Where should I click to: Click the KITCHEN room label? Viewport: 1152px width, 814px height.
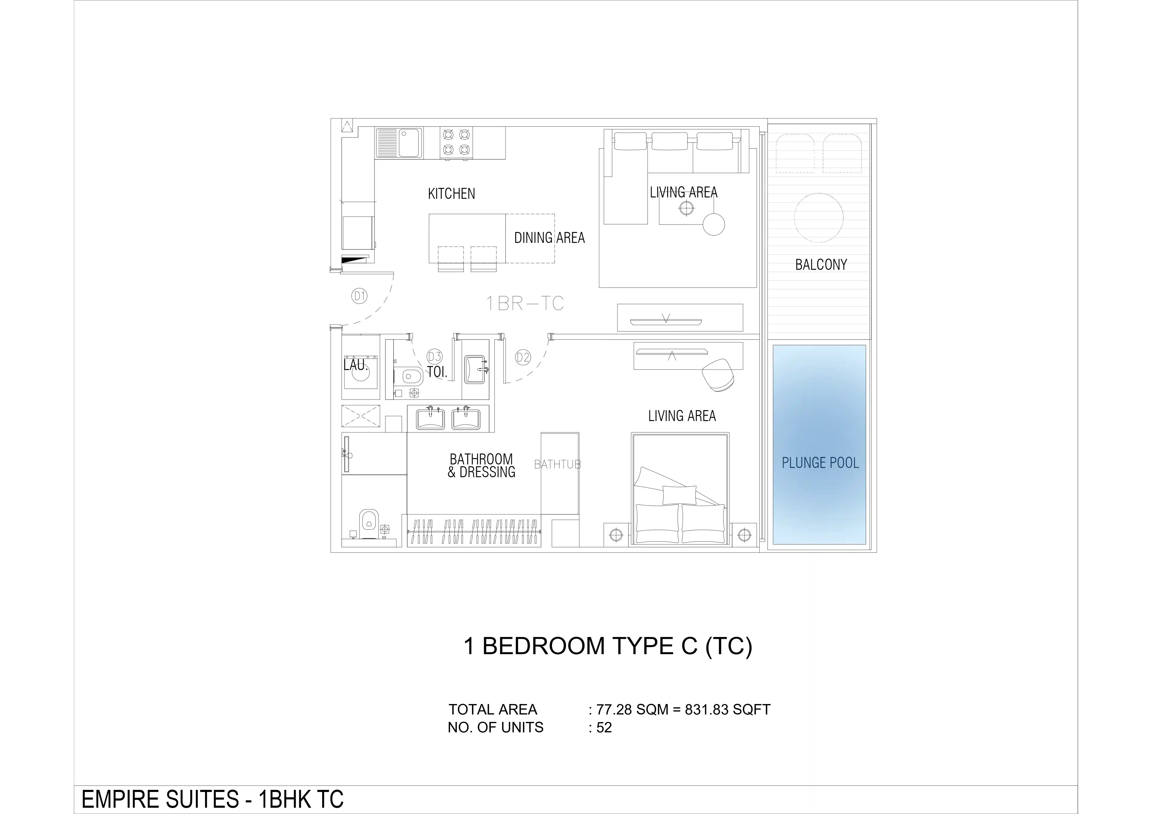pyautogui.click(x=451, y=194)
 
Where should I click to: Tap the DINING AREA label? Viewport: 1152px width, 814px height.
pyautogui.click(x=549, y=238)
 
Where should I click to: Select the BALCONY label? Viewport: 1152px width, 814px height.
pyautogui.click(x=821, y=264)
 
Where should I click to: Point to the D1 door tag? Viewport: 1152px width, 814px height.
pyautogui.click(x=359, y=296)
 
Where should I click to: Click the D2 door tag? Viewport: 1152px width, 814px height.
pyautogui.click(x=523, y=357)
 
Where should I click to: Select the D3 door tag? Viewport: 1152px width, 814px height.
pyautogui.click(x=434, y=356)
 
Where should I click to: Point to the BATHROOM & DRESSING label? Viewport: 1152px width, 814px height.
pyautogui.click(x=481, y=466)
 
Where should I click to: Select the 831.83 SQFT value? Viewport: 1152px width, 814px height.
pyautogui.click(x=728, y=710)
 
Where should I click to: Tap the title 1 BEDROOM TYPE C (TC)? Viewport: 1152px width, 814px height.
pyautogui.click(x=608, y=646)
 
